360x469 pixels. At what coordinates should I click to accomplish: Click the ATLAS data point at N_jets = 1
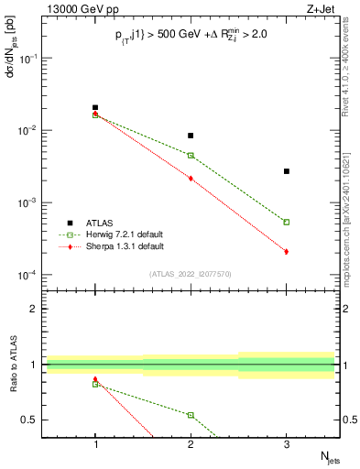pos(95,107)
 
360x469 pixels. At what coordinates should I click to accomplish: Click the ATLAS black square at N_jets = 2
pos(191,136)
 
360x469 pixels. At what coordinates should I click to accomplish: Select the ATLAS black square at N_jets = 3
pos(287,171)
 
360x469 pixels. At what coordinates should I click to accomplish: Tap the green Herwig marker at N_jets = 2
pos(191,156)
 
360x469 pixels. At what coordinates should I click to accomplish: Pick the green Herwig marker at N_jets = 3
pos(287,222)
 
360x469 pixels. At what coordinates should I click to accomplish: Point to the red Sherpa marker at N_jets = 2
pos(191,179)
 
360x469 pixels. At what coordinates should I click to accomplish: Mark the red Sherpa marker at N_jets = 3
pos(287,251)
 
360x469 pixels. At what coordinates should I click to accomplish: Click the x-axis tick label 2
pos(191,445)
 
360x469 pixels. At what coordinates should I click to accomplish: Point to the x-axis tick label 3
pos(287,445)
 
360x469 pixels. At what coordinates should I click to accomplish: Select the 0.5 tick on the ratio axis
pos(36,420)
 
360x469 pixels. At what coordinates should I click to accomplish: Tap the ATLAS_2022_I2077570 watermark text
pos(191,274)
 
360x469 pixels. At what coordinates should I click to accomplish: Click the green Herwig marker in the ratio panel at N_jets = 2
pos(191,415)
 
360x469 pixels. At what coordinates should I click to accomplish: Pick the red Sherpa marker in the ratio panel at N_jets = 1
pos(95,379)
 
